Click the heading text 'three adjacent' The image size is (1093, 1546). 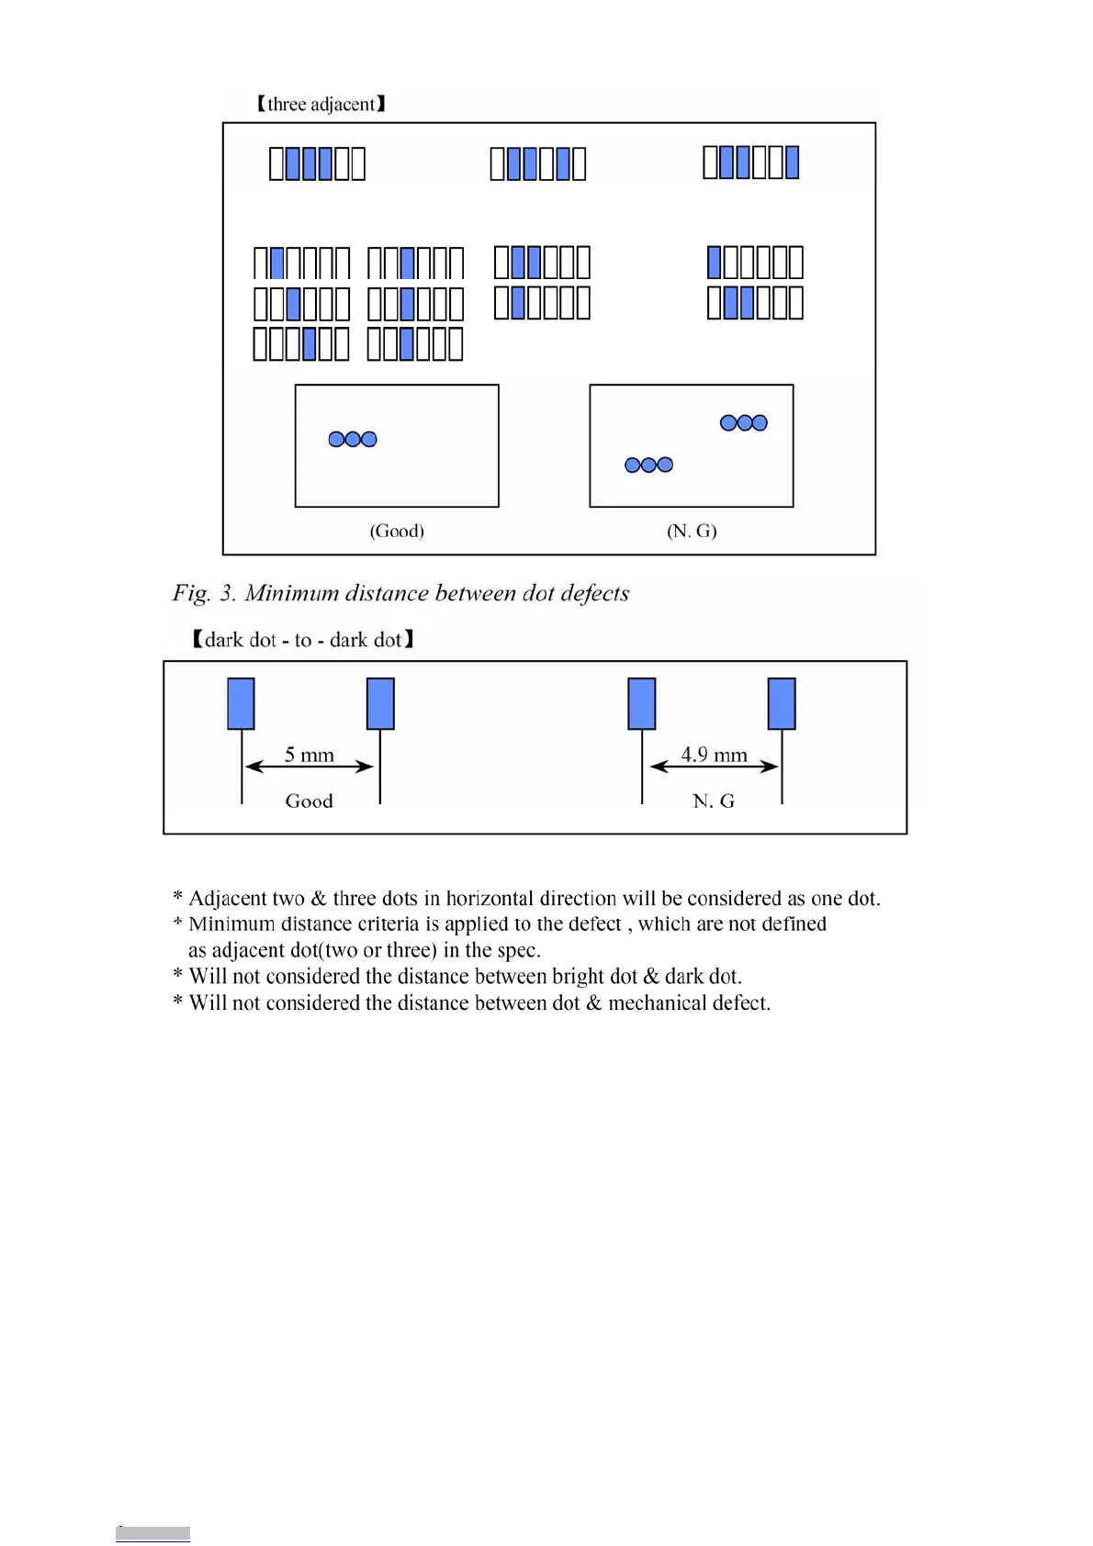pyautogui.click(x=321, y=105)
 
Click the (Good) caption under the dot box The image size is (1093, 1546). pyautogui.click(x=397, y=531)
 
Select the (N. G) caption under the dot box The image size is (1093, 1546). pyautogui.click(x=692, y=531)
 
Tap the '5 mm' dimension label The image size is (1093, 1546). pyautogui.click(x=309, y=755)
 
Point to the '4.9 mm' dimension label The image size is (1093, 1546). pyautogui.click(x=714, y=755)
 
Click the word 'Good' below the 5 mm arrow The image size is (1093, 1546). pyautogui.click(x=309, y=801)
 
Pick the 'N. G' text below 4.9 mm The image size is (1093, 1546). pyautogui.click(x=714, y=801)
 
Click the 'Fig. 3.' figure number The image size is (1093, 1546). pyautogui.click(x=204, y=593)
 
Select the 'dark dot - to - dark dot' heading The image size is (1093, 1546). pyautogui.click(x=303, y=640)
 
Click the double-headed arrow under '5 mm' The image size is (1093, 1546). pyautogui.click(x=310, y=767)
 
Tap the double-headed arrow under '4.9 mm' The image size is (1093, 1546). pyautogui.click(x=714, y=767)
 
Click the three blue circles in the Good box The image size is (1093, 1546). pyautogui.click(x=353, y=440)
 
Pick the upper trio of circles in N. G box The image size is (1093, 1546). pyautogui.click(x=744, y=423)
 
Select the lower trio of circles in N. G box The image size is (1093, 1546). pyautogui.click(x=648, y=465)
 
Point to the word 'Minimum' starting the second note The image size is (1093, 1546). pyautogui.click(x=231, y=924)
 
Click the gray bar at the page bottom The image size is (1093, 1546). pyautogui.click(x=152, y=1534)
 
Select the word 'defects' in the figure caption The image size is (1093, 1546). pyautogui.click(x=594, y=593)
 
